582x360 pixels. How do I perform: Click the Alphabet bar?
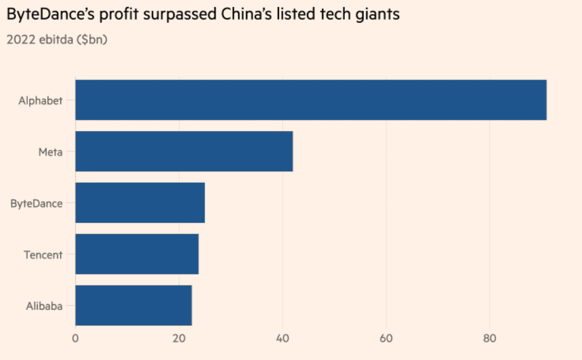pos(311,100)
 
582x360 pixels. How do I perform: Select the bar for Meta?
pos(184,151)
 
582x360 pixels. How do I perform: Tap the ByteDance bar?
pos(140,203)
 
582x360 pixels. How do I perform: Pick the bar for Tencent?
pos(137,254)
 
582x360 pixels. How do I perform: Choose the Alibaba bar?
pos(133,306)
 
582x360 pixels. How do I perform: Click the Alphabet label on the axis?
pos(40,101)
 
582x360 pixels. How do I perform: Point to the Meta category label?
pos(50,152)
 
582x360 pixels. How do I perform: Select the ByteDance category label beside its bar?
pos(36,204)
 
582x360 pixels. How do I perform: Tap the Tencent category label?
pos(43,255)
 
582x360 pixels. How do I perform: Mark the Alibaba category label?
pos(44,306)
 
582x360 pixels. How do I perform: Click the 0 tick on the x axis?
pos(75,338)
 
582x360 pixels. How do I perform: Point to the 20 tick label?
pos(179,338)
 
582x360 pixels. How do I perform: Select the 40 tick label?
pos(283,338)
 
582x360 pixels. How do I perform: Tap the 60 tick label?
pos(386,338)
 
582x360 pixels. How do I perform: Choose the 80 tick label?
pos(490,338)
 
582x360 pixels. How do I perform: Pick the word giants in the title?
pos(378,15)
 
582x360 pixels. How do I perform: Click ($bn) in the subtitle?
pos(93,39)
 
